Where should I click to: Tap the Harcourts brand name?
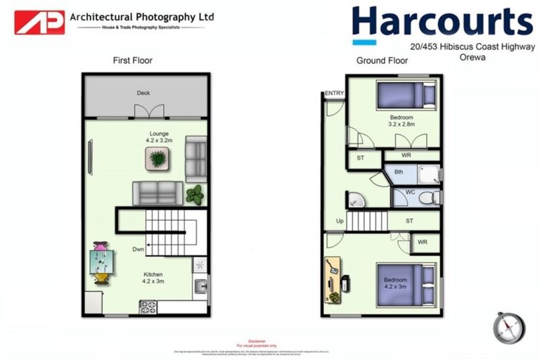point(442,21)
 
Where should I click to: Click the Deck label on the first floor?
point(143,93)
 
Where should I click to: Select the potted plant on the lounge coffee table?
point(158,159)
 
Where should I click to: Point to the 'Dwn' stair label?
point(139,249)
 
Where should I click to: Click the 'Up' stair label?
point(340,221)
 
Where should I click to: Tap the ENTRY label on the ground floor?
point(334,94)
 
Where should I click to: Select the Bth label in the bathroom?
point(399,172)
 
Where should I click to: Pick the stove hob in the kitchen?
point(148,307)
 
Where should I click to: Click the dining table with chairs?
point(102,263)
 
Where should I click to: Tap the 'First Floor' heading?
point(132,60)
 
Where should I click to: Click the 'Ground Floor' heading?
point(382,60)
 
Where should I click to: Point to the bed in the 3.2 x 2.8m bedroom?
point(406,94)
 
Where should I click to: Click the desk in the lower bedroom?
point(333,281)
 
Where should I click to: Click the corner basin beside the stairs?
point(354,200)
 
